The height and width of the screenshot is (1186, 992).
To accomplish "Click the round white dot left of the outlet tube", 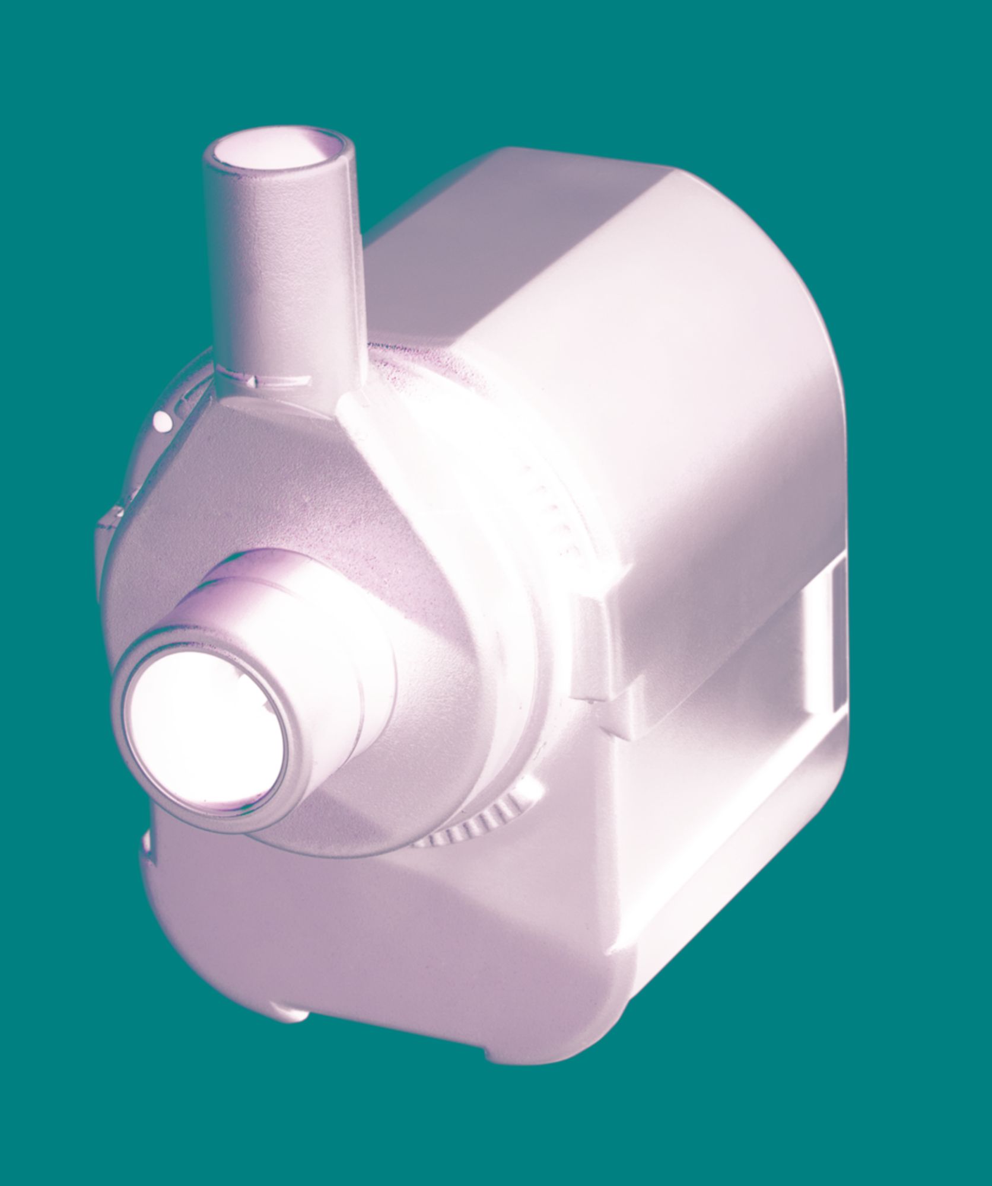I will tap(160, 422).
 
